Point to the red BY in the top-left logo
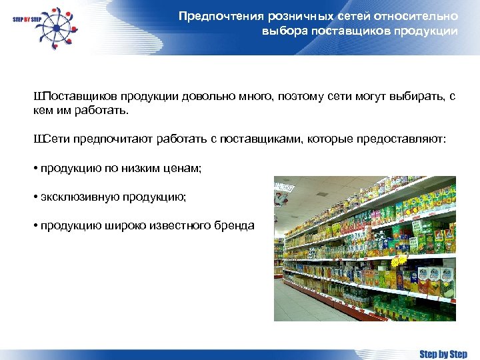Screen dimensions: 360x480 coord(26,20)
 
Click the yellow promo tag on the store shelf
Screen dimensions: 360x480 coord(399,262)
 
